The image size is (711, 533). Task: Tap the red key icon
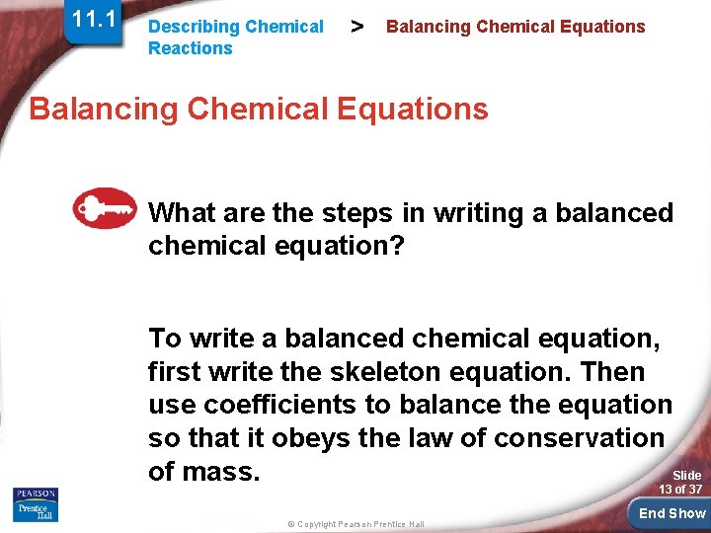tap(104, 208)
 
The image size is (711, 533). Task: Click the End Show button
tap(671, 513)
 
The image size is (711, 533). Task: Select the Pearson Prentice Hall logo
tap(35, 505)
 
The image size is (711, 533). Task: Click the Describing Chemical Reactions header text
tap(235, 38)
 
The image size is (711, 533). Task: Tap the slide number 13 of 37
tap(680, 490)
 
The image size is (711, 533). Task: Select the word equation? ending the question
tap(342, 246)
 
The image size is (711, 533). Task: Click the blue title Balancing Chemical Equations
tap(259, 108)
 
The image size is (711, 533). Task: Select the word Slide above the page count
tap(686, 475)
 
